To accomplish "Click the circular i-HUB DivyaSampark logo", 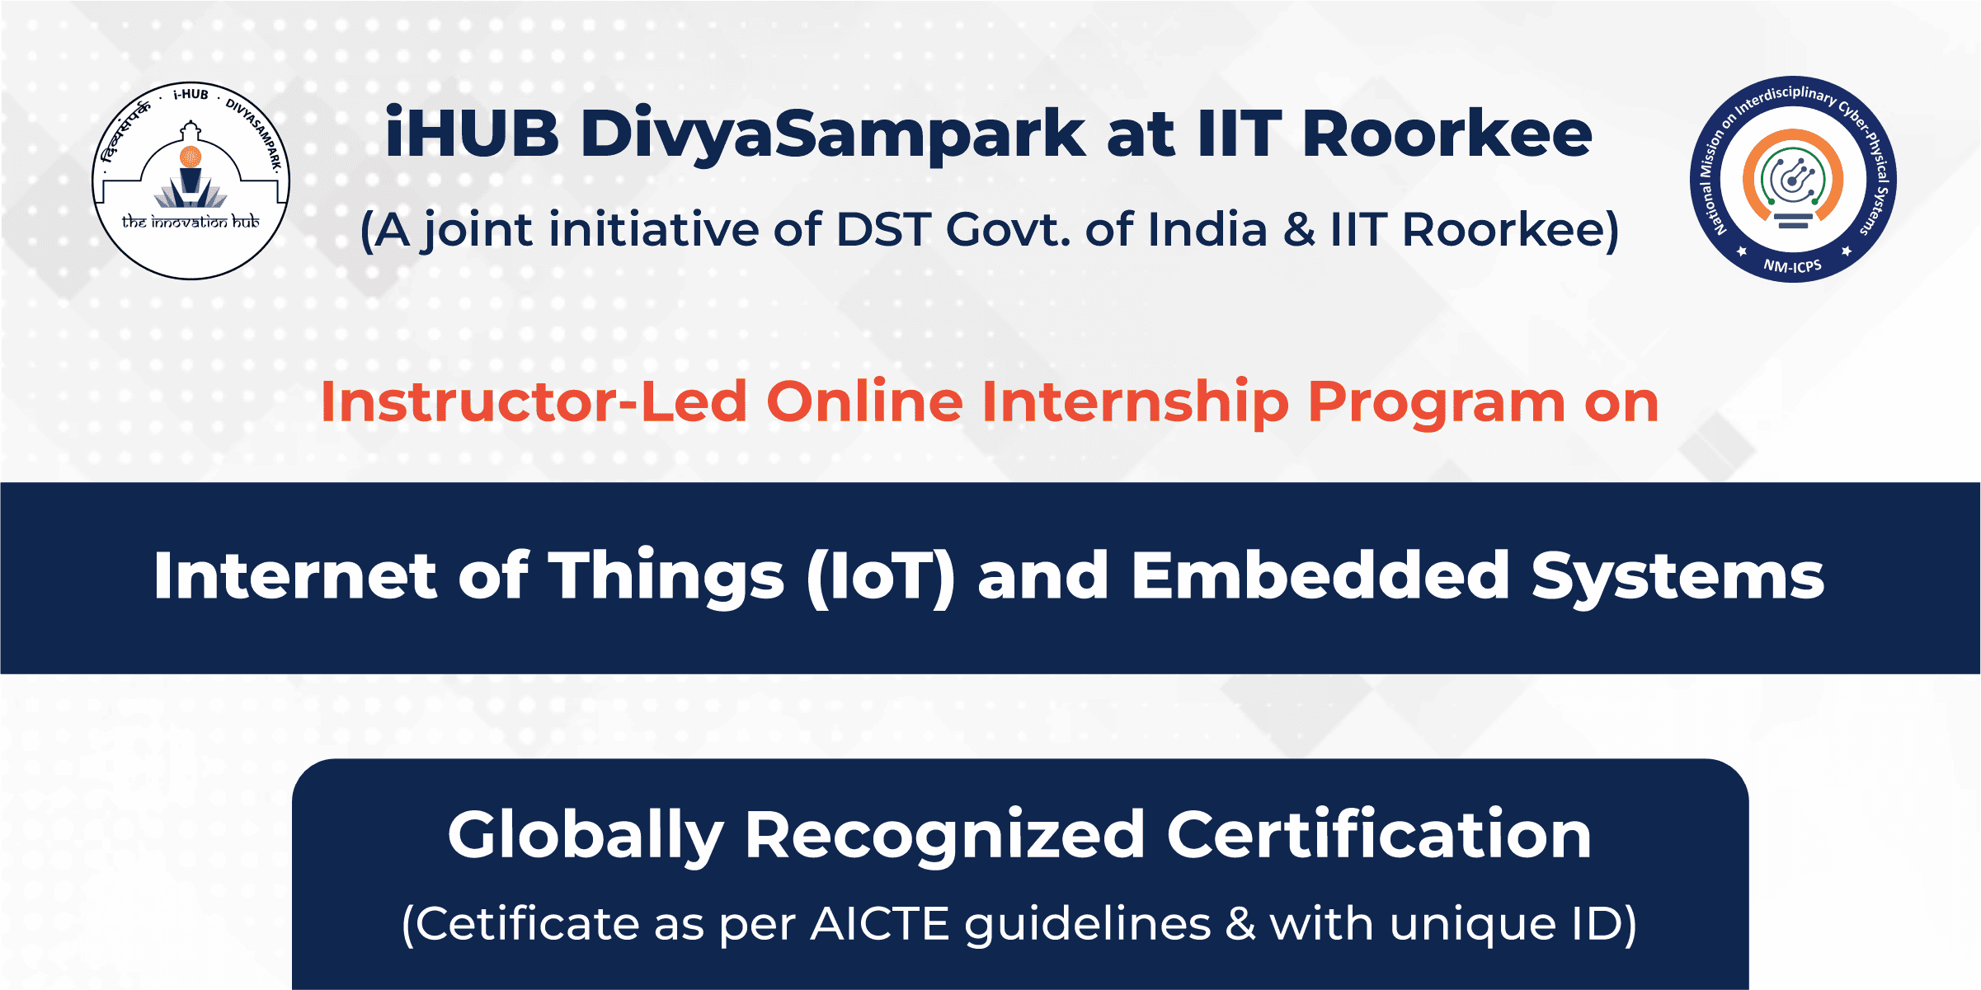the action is pos(191,181).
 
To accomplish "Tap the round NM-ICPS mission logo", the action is pos(1793,179).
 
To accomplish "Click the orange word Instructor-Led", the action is pos(534,402).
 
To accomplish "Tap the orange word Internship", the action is pos(1135,403).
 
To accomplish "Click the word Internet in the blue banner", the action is pos(294,575).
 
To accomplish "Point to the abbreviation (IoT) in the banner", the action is pos(881,577).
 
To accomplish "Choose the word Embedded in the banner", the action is pos(1320,575).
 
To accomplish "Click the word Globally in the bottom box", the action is pos(586,836).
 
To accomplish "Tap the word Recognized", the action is pos(944,836).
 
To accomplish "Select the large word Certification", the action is pos(1378,834).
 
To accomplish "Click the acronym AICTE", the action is pos(880,923).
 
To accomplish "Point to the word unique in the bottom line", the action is pos(1472,925).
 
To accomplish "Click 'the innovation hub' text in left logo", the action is pos(191,221).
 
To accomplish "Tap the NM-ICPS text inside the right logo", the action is pos(1792,265).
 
